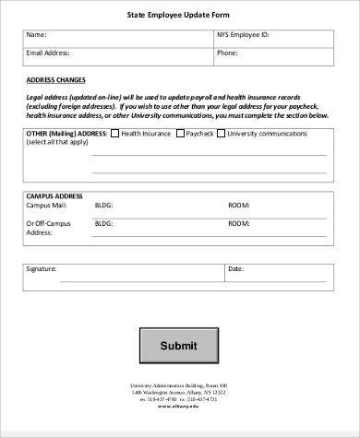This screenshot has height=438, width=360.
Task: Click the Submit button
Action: [x=179, y=346]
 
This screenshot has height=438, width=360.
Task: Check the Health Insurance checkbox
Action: [x=114, y=134]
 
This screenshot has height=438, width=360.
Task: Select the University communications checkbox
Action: [x=222, y=134]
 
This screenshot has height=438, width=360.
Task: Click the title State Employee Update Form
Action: [x=179, y=16]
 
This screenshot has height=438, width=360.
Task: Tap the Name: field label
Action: [x=36, y=35]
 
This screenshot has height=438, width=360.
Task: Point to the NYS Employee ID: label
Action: [x=243, y=35]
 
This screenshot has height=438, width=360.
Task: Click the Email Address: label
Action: [x=46, y=53]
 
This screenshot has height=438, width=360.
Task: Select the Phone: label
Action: [x=227, y=53]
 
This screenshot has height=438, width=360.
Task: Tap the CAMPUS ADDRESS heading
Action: [x=54, y=196]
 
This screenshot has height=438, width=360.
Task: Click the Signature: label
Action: [x=42, y=268]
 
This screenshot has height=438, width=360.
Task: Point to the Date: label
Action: [x=235, y=268]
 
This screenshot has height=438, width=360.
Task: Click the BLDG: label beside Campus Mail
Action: [x=103, y=206]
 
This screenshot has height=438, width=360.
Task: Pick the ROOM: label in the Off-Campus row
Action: [x=238, y=223]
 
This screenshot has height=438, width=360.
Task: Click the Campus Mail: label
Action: [x=46, y=206]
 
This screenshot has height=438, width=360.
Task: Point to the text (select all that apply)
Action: [x=57, y=143]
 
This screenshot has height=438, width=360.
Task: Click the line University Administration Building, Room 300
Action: [x=179, y=385]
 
